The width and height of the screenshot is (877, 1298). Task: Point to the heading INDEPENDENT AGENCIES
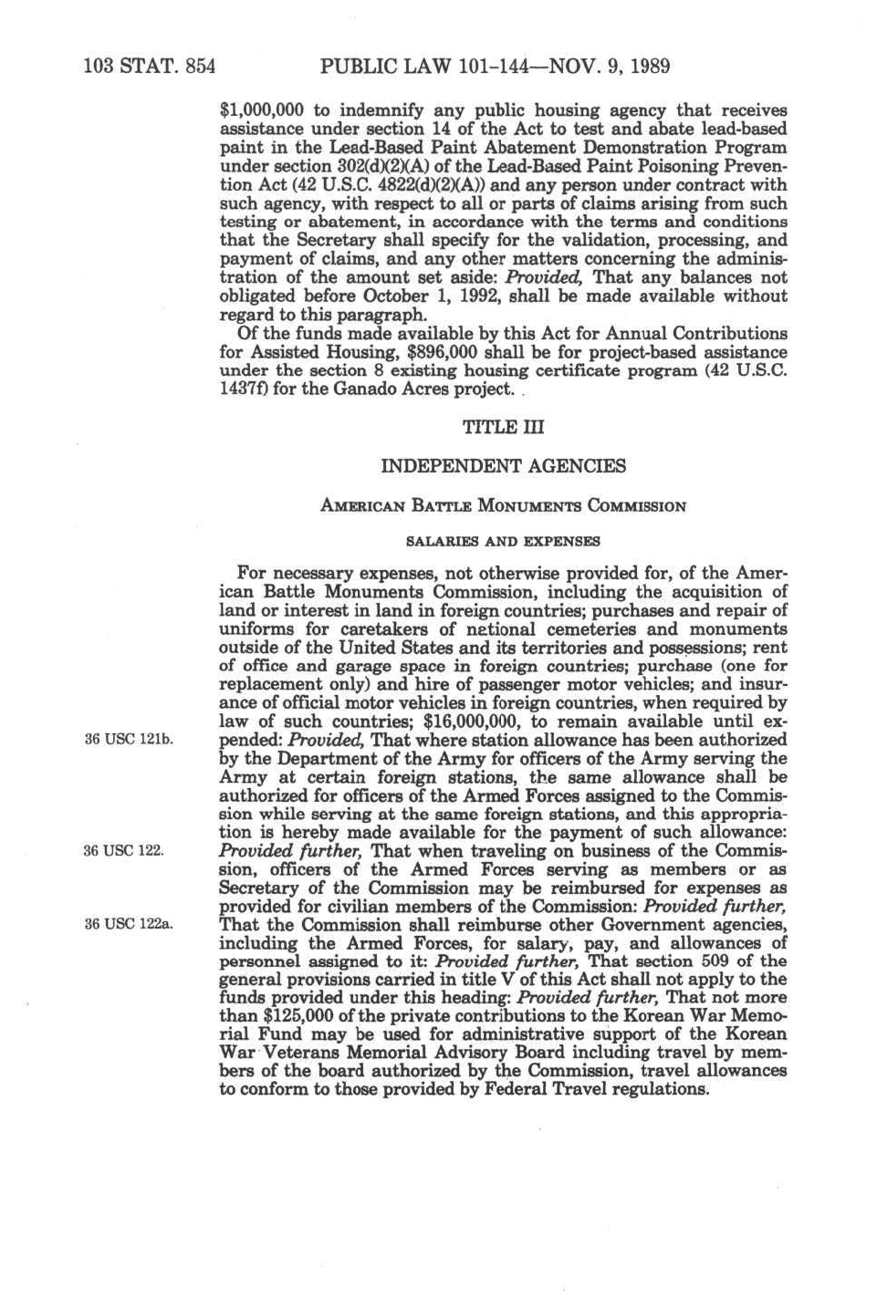point(503,466)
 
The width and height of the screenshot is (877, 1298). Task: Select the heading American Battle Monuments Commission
point(503,505)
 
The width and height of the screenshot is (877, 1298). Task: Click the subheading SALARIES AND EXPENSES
point(503,541)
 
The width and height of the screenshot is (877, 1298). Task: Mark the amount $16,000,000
point(475,722)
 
